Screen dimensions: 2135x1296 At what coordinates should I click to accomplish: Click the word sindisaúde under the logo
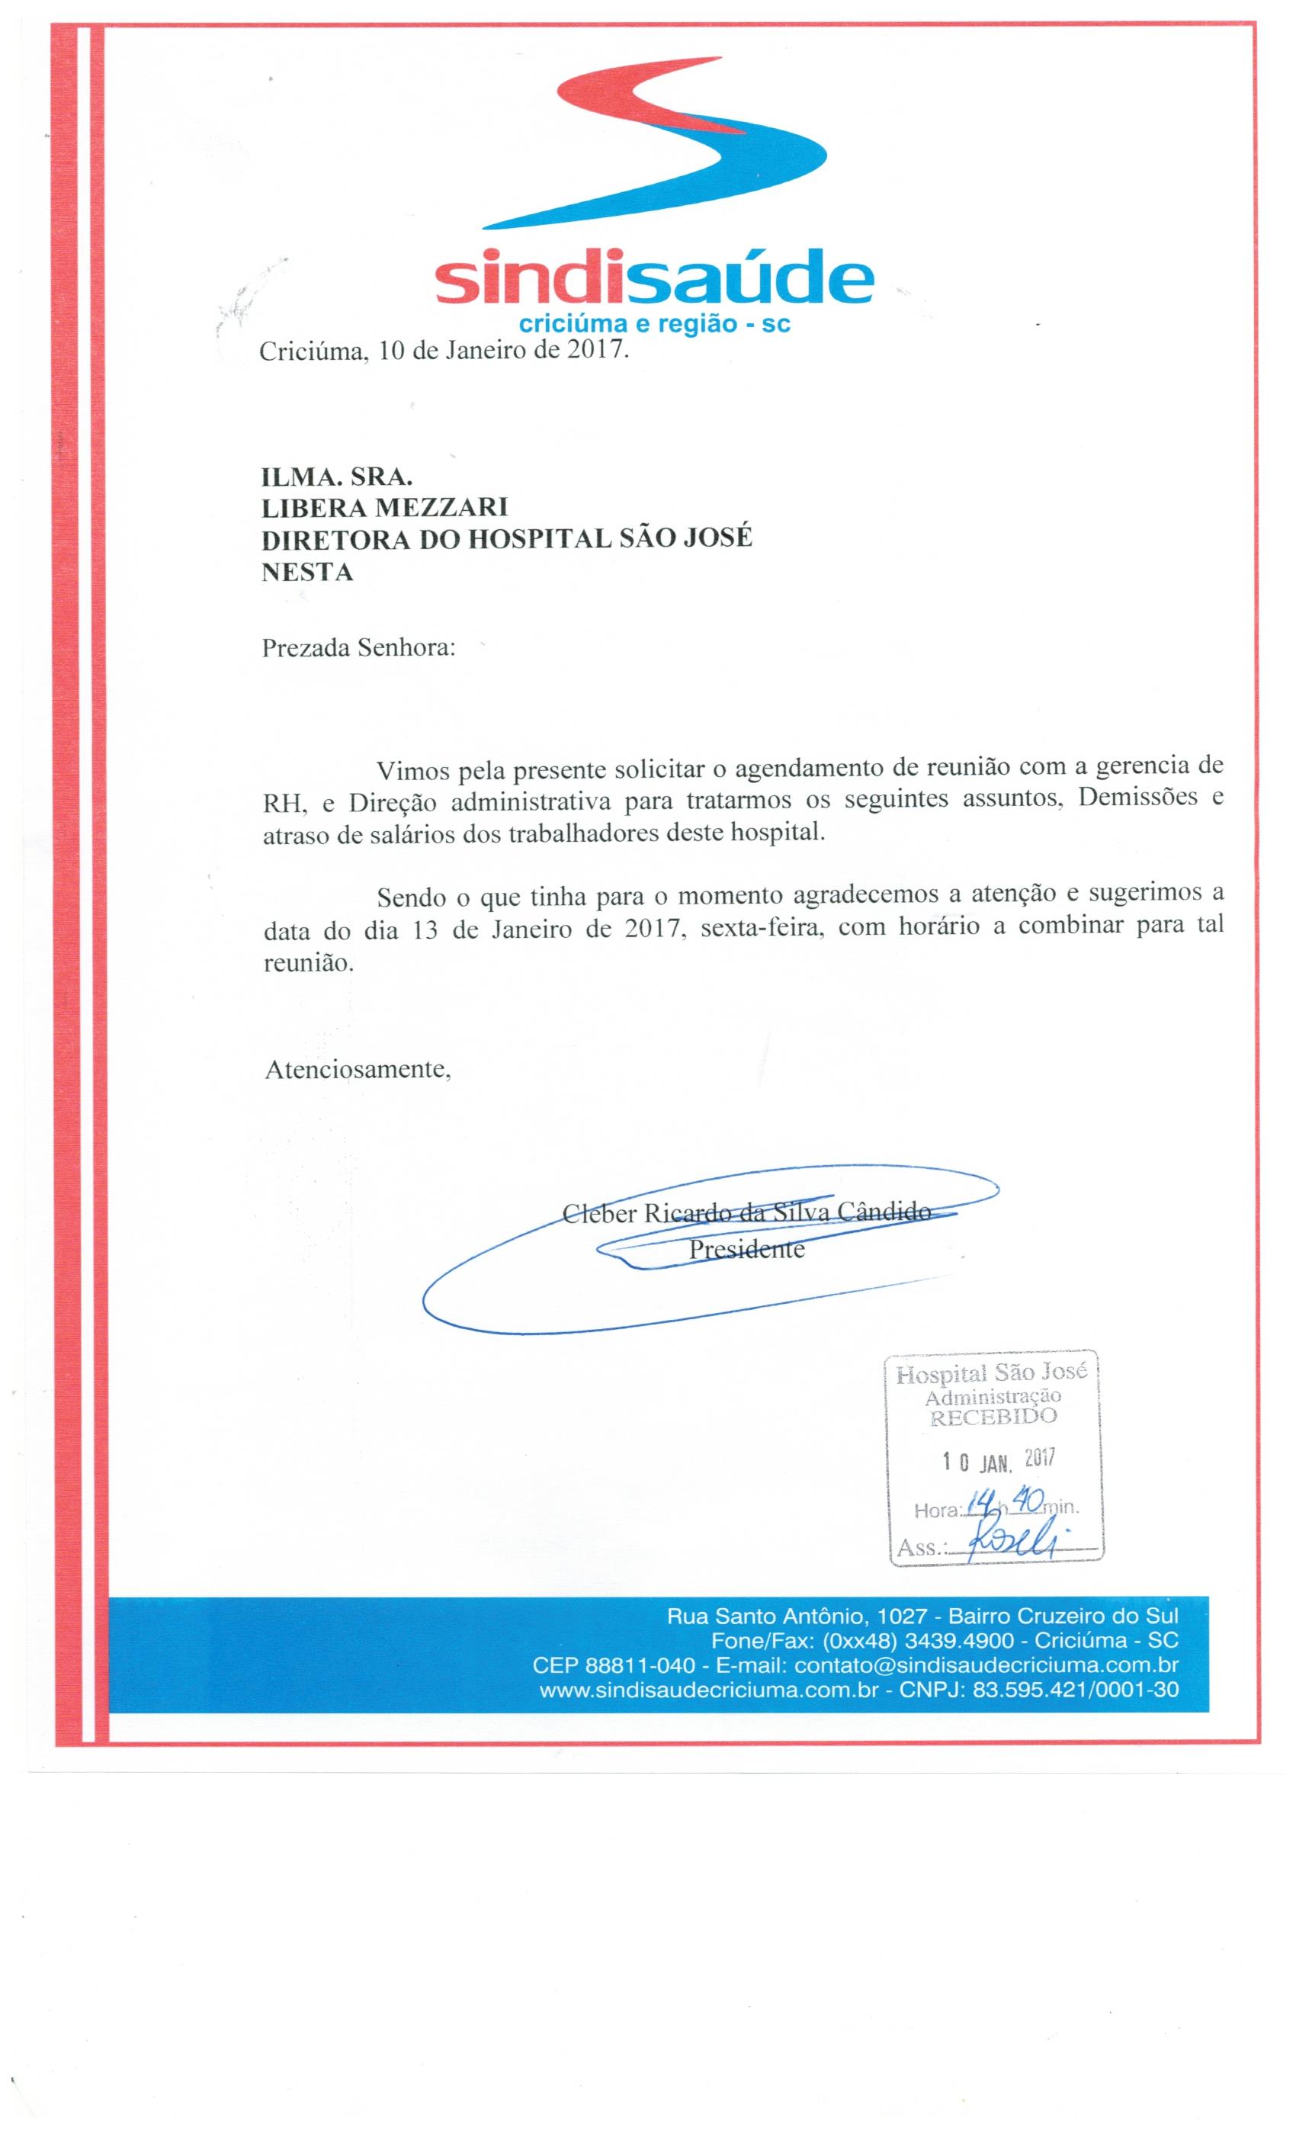(x=654, y=278)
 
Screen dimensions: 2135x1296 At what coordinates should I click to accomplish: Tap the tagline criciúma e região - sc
(x=653, y=325)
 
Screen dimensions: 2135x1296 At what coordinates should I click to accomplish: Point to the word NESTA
(x=306, y=572)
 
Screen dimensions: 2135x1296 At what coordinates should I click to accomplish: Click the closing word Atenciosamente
(x=357, y=1069)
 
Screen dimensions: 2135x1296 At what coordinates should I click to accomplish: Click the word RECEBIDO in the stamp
(x=993, y=1416)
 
